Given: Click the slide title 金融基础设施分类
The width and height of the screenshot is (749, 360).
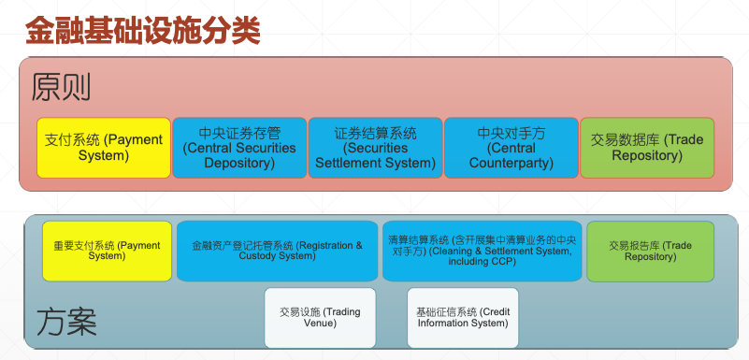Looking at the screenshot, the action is point(143,31).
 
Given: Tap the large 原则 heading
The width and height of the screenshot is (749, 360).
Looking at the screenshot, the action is point(61,87).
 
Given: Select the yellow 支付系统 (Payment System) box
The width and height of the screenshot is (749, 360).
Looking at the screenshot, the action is point(104,148).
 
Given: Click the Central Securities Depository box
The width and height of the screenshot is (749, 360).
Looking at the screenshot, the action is point(239,148).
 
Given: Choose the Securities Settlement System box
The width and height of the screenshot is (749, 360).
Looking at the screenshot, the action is point(376,148).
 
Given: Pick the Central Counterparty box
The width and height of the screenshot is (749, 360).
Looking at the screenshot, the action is point(511,148).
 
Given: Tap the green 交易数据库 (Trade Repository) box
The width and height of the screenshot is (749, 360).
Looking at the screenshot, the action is point(647,148).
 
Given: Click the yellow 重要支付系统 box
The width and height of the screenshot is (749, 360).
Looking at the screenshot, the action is point(107,252).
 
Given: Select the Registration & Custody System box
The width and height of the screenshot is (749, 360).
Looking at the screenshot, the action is point(277,252).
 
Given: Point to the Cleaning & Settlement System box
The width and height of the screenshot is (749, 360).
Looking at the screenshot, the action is point(482,252).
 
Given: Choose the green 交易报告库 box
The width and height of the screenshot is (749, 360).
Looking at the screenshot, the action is point(651,252).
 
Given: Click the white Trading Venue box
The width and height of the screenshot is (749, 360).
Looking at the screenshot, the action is point(320,318).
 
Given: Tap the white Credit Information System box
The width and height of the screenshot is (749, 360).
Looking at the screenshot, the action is point(463,318).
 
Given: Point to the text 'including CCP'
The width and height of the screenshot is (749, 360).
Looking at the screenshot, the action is point(482,262).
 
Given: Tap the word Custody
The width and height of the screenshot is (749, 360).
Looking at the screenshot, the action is point(256,256).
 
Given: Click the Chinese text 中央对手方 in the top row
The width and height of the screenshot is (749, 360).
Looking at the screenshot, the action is point(511,133).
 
